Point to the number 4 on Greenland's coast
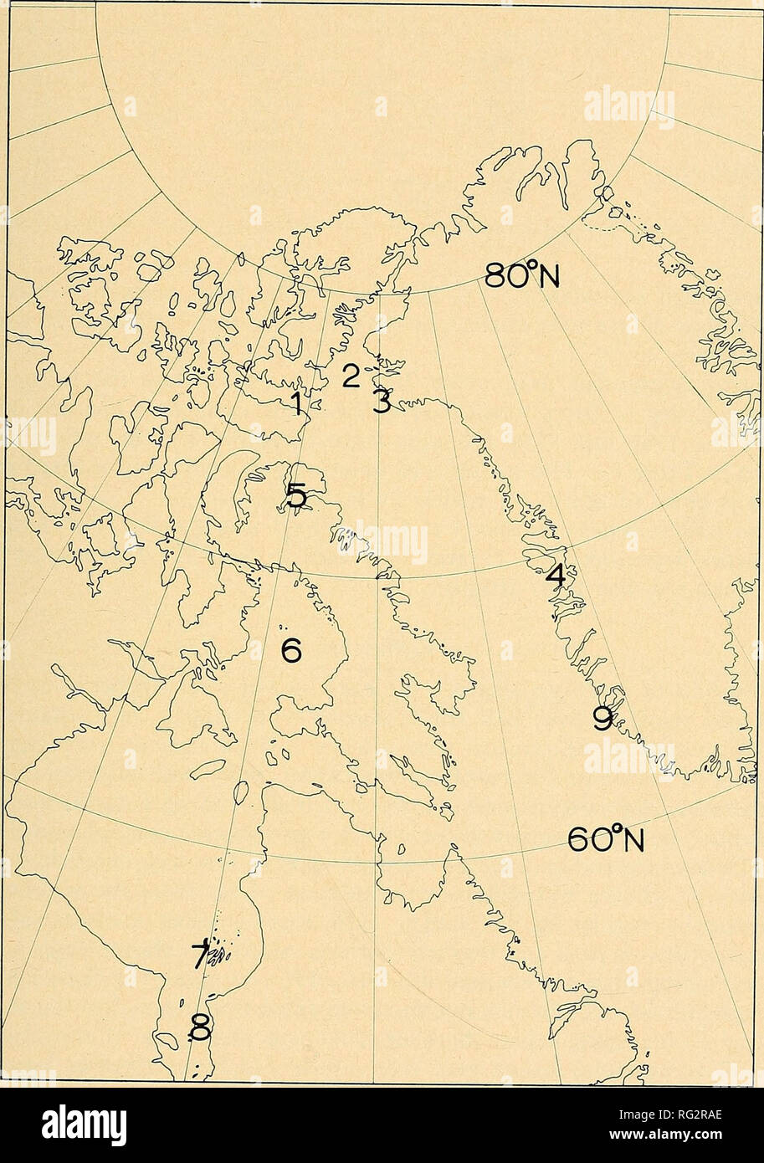[x=556, y=576]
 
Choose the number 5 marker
[x=295, y=496]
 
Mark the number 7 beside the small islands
[x=200, y=954]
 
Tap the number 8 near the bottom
[x=201, y=1026]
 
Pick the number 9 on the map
[x=602, y=718]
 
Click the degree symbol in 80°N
[x=531, y=266]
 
